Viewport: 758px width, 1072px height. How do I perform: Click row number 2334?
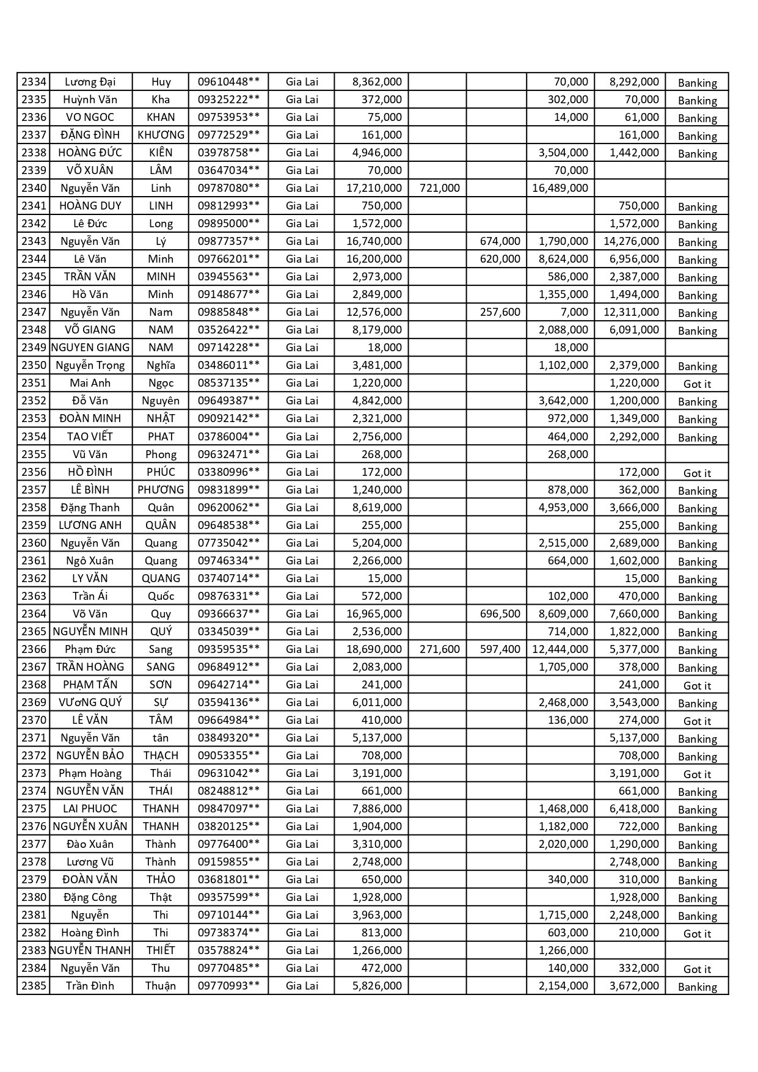point(34,82)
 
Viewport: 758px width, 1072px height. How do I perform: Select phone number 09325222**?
point(228,100)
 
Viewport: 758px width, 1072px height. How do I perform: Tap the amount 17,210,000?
point(374,188)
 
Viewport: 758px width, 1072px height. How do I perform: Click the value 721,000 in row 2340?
point(439,188)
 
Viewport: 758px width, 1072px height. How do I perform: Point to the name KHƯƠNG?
point(161,135)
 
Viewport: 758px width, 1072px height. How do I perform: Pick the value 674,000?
point(500,241)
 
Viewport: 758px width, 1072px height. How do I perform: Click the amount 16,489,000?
point(560,188)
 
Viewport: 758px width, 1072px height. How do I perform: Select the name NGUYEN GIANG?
point(90,348)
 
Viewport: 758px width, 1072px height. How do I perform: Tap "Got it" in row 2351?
point(697,384)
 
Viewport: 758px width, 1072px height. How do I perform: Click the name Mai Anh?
point(90,383)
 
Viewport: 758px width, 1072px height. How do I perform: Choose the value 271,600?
point(439,649)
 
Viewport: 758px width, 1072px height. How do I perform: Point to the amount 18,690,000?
point(374,649)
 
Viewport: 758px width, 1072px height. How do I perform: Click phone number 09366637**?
point(228,614)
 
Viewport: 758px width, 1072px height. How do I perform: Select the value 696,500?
point(500,614)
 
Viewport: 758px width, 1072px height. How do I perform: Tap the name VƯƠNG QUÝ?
point(90,702)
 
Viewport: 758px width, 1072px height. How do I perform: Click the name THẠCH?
point(161,756)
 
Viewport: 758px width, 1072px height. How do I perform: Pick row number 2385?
point(34,986)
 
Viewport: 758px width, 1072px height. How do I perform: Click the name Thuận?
point(161,986)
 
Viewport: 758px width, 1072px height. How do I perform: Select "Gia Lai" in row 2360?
point(302,543)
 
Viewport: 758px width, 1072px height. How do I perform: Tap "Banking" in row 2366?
point(697,651)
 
